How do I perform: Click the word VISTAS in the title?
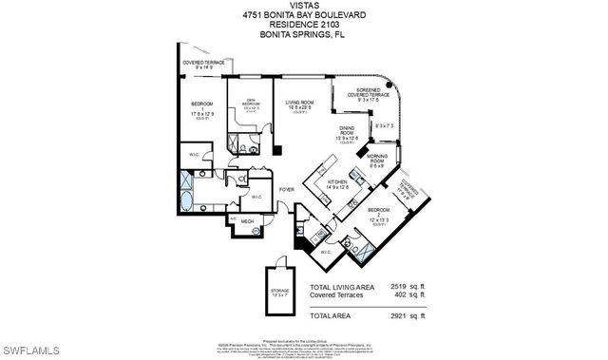(304, 5)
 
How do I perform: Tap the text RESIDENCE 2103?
(304, 24)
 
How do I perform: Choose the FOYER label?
(286, 189)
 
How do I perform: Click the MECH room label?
(246, 222)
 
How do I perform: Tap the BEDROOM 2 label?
(378, 212)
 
